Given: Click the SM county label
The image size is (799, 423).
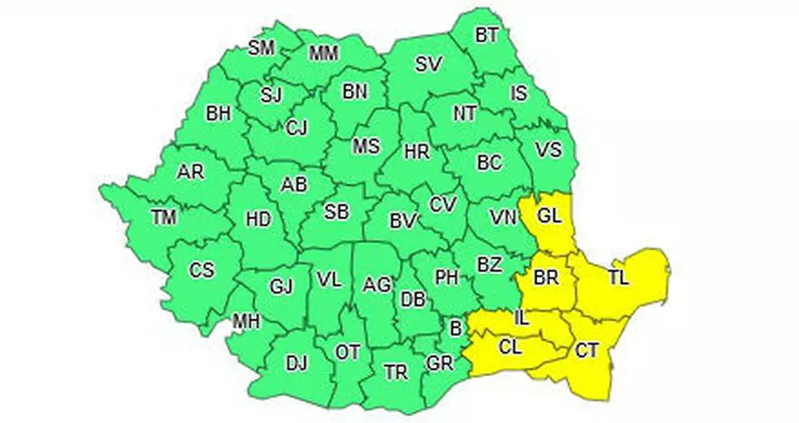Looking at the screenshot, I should pyautogui.click(x=262, y=49).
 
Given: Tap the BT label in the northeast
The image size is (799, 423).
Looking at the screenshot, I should pyautogui.click(x=487, y=36).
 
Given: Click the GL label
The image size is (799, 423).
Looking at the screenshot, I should pyautogui.click(x=548, y=217).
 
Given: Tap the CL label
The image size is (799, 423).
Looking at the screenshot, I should pyautogui.click(x=511, y=347).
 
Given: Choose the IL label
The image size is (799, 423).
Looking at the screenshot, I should pyautogui.click(x=522, y=319).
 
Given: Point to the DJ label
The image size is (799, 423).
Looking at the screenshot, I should pyautogui.click(x=296, y=363).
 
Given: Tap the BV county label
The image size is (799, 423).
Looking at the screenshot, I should pyautogui.click(x=402, y=221).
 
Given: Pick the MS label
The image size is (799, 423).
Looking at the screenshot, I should pyautogui.click(x=366, y=146).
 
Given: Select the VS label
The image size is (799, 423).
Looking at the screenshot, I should pyautogui.click(x=547, y=150).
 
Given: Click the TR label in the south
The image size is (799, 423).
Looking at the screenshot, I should pyautogui.click(x=396, y=372).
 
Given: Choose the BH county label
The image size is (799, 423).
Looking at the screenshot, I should pyautogui.click(x=219, y=114).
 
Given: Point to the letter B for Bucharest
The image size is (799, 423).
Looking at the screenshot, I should pyautogui.click(x=454, y=325).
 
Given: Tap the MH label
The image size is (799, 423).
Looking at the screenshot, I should pyautogui.click(x=245, y=322).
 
